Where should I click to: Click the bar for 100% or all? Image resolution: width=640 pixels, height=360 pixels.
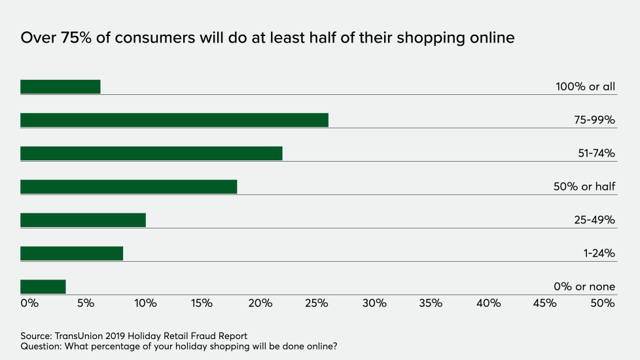(60, 86)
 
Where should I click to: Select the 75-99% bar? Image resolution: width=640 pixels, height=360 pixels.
(174, 120)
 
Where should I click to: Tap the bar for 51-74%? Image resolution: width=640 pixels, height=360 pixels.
(151, 153)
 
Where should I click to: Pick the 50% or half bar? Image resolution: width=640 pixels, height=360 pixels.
(128, 187)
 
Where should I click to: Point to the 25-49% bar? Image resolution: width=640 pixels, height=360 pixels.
(83, 220)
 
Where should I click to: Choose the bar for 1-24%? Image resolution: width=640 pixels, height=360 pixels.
(71, 253)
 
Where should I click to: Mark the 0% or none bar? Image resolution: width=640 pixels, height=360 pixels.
(43, 287)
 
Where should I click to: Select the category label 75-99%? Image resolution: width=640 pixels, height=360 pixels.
(594, 120)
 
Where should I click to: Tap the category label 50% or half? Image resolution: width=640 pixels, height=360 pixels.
(584, 187)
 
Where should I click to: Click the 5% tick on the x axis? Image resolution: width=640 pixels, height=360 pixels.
(87, 303)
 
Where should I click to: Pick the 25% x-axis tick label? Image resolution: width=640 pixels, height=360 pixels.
(317, 303)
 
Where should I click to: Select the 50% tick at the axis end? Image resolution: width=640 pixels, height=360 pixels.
(603, 303)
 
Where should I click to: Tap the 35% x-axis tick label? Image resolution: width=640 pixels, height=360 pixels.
(431, 303)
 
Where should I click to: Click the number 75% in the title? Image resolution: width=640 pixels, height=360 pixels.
(75, 38)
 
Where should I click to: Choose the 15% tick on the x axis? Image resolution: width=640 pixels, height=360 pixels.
(202, 303)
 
